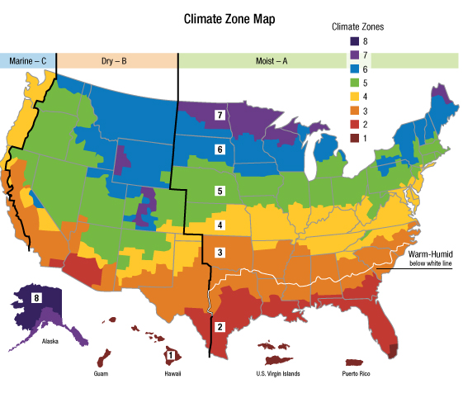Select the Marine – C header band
click(27, 60)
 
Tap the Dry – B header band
click(116, 60)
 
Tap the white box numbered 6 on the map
click(220, 149)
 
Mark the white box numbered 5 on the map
click(220, 191)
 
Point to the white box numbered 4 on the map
click(220, 225)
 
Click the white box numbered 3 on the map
click(220, 253)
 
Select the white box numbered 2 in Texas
click(220, 325)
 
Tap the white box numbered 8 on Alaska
click(36, 297)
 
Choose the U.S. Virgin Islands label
click(277, 373)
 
